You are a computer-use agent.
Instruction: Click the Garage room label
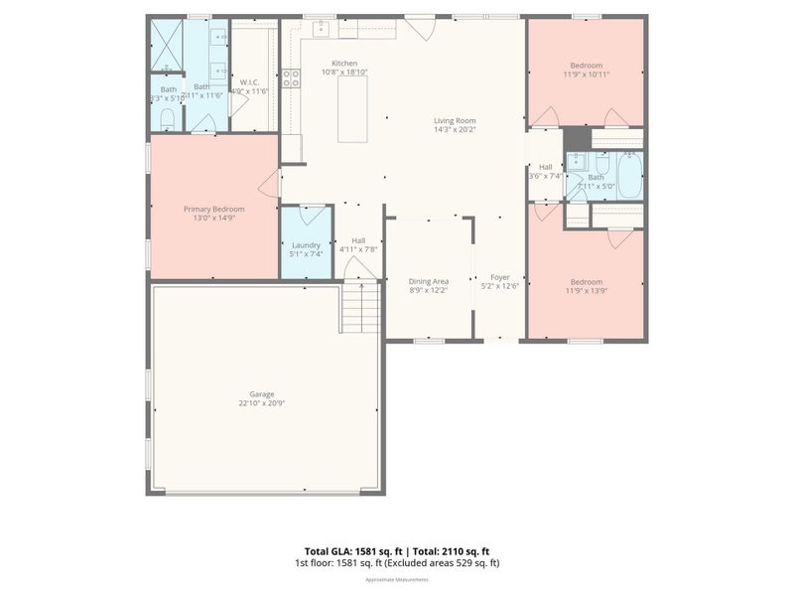pyautogui.click(x=256, y=393)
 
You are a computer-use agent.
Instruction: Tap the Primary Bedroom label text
pyautogui.click(x=213, y=209)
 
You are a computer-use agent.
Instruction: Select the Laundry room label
pyautogui.click(x=306, y=245)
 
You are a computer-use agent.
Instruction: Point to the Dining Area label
pyautogui.click(x=429, y=281)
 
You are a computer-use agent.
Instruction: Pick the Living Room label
pyautogui.click(x=455, y=122)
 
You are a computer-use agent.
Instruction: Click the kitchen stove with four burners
pyautogui.click(x=291, y=78)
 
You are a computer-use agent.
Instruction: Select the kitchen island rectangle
pyautogui.click(x=352, y=108)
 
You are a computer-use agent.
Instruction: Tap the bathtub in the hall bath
pyautogui.click(x=629, y=176)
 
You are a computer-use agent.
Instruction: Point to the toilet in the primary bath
pyautogui.click(x=168, y=120)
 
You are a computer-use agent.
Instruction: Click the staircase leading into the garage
pyautogui.click(x=362, y=307)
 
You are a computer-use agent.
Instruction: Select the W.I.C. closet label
pyautogui.click(x=249, y=82)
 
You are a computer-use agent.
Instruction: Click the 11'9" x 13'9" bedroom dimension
pyautogui.click(x=586, y=291)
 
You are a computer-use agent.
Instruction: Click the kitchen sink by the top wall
pyautogui.click(x=322, y=29)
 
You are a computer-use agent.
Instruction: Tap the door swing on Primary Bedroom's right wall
pyautogui.click(x=269, y=182)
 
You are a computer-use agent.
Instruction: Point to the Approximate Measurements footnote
pyautogui.click(x=397, y=579)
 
